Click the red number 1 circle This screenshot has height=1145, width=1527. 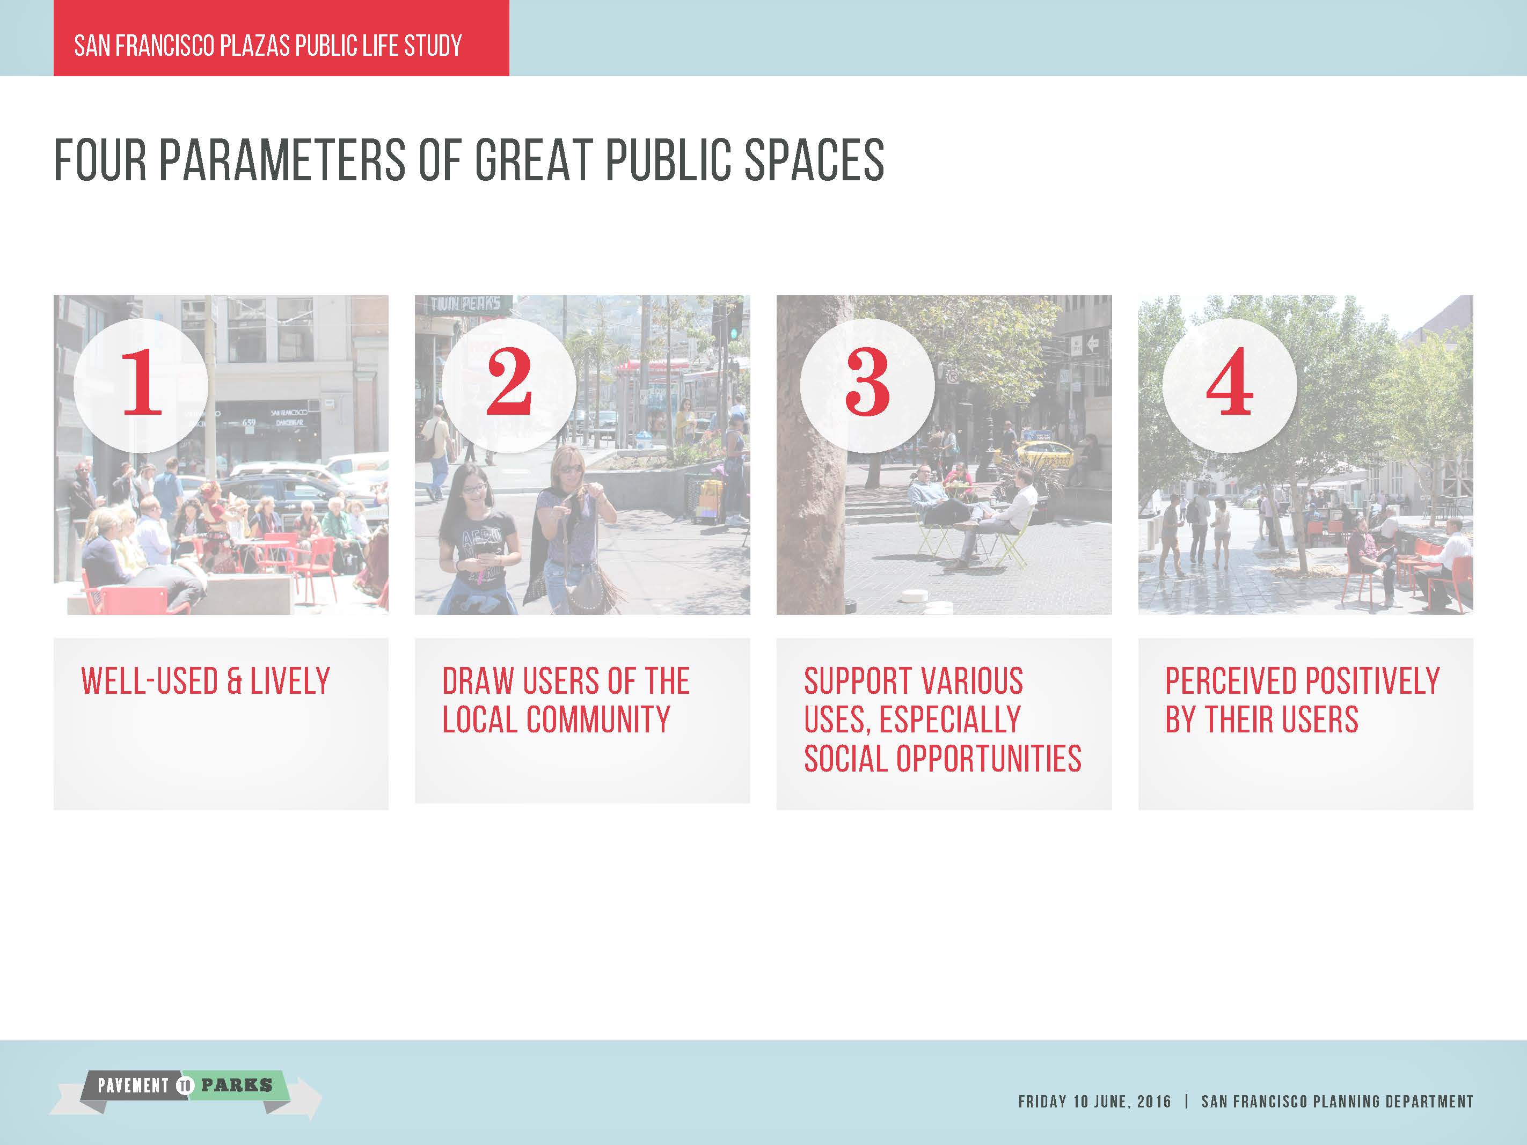[141, 384]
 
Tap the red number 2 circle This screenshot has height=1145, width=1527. [509, 384]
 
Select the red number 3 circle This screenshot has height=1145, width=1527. [867, 384]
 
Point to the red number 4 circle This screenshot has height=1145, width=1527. [1229, 384]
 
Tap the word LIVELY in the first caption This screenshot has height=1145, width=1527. [290, 681]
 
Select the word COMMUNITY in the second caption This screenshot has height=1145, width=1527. [598, 720]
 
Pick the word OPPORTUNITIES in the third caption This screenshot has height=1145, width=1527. [989, 759]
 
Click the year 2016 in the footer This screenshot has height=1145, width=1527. [1153, 1101]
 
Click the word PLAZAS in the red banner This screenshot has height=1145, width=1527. [255, 46]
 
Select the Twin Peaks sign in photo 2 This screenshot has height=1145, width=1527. [465, 304]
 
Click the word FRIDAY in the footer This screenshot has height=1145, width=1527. [1042, 1101]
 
